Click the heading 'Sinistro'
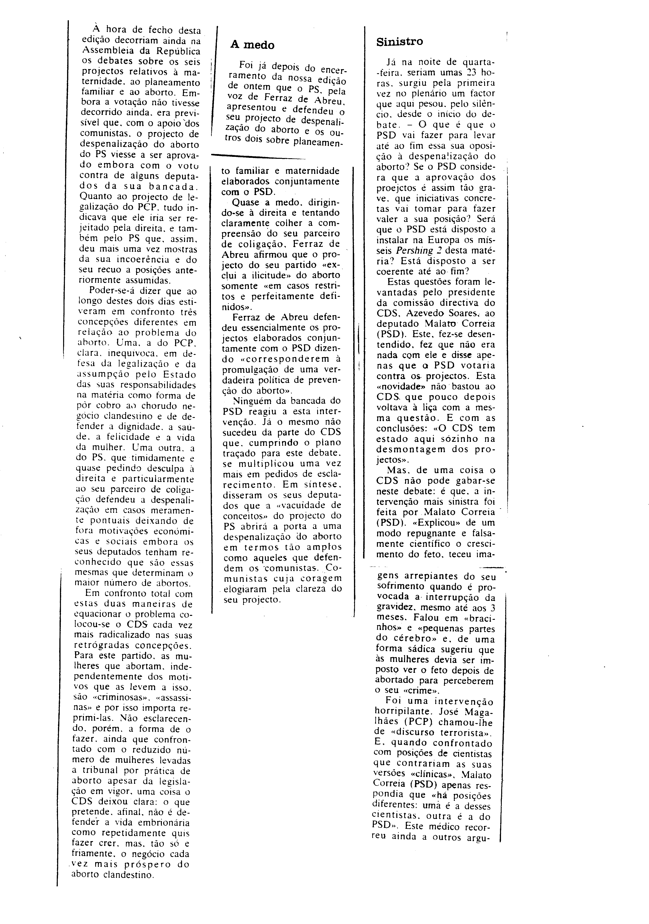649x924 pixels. point(399,42)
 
